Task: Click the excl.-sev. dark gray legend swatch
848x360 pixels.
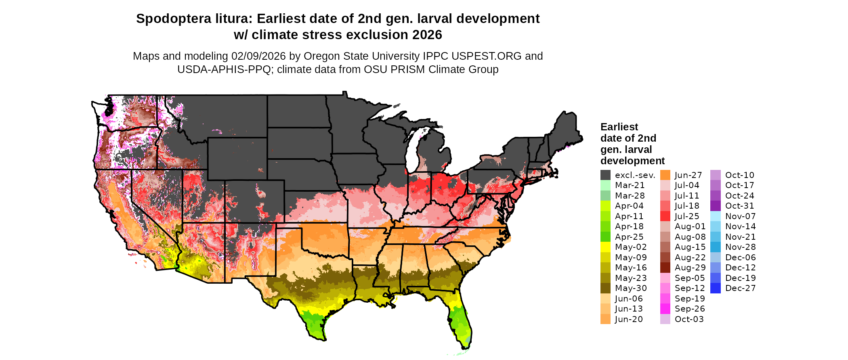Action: click(x=605, y=175)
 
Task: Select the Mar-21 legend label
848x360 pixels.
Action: click(x=630, y=185)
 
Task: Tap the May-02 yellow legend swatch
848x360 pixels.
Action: click(x=605, y=247)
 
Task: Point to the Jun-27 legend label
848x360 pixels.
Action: click(x=688, y=175)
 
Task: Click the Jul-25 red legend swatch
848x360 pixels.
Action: click(x=665, y=216)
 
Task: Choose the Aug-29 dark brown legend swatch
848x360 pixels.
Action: click(x=665, y=268)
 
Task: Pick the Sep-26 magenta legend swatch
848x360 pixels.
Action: click(x=665, y=309)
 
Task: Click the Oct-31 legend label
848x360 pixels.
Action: click(x=739, y=206)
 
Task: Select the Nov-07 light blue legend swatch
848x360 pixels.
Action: click(x=715, y=216)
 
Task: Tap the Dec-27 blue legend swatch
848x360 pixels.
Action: click(x=715, y=288)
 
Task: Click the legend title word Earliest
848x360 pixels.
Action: click(x=619, y=127)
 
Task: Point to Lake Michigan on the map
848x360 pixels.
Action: click(x=412, y=149)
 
